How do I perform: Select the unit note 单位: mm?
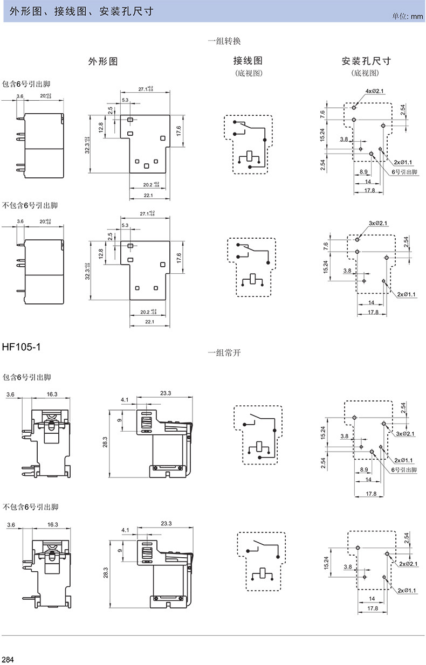[x=408, y=17]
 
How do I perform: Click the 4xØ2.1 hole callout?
[x=374, y=91]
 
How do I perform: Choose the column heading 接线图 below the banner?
[x=248, y=61]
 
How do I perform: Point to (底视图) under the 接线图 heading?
[x=248, y=73]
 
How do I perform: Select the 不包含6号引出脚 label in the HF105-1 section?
[x=30, y=507]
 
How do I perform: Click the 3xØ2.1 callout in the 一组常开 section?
[x=406, y=434]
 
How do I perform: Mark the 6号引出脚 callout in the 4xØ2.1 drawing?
[x=404, y=171]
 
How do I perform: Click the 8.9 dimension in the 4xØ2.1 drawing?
[x=364, y=171]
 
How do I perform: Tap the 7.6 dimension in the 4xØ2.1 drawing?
[x=322, y=114]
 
